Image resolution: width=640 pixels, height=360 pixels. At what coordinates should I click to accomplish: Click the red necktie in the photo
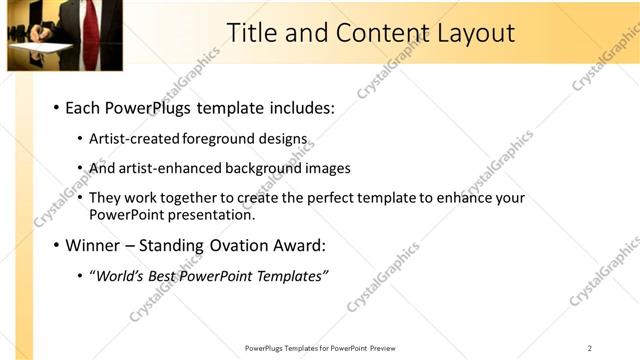(90, 24)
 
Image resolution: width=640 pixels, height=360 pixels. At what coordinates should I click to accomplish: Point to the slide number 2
(590, 348)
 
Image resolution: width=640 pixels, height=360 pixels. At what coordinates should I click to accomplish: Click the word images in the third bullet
(328, 168)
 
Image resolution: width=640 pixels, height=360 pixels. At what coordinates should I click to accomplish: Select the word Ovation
(244, 244)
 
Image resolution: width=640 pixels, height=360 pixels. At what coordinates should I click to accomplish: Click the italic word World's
(118, 275)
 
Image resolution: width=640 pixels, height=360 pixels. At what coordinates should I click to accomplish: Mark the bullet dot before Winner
(56, 245)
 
